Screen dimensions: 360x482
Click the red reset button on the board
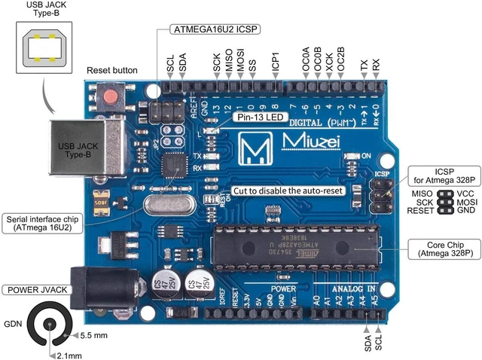click(112, 97)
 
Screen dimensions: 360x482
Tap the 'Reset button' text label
click(112, 70)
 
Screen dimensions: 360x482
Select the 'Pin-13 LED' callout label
click(258, 117)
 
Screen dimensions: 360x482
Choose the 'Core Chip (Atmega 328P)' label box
click(444, 249)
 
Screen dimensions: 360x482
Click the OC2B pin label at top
click(340, 60)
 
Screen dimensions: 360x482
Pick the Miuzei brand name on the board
click(310, 142)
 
